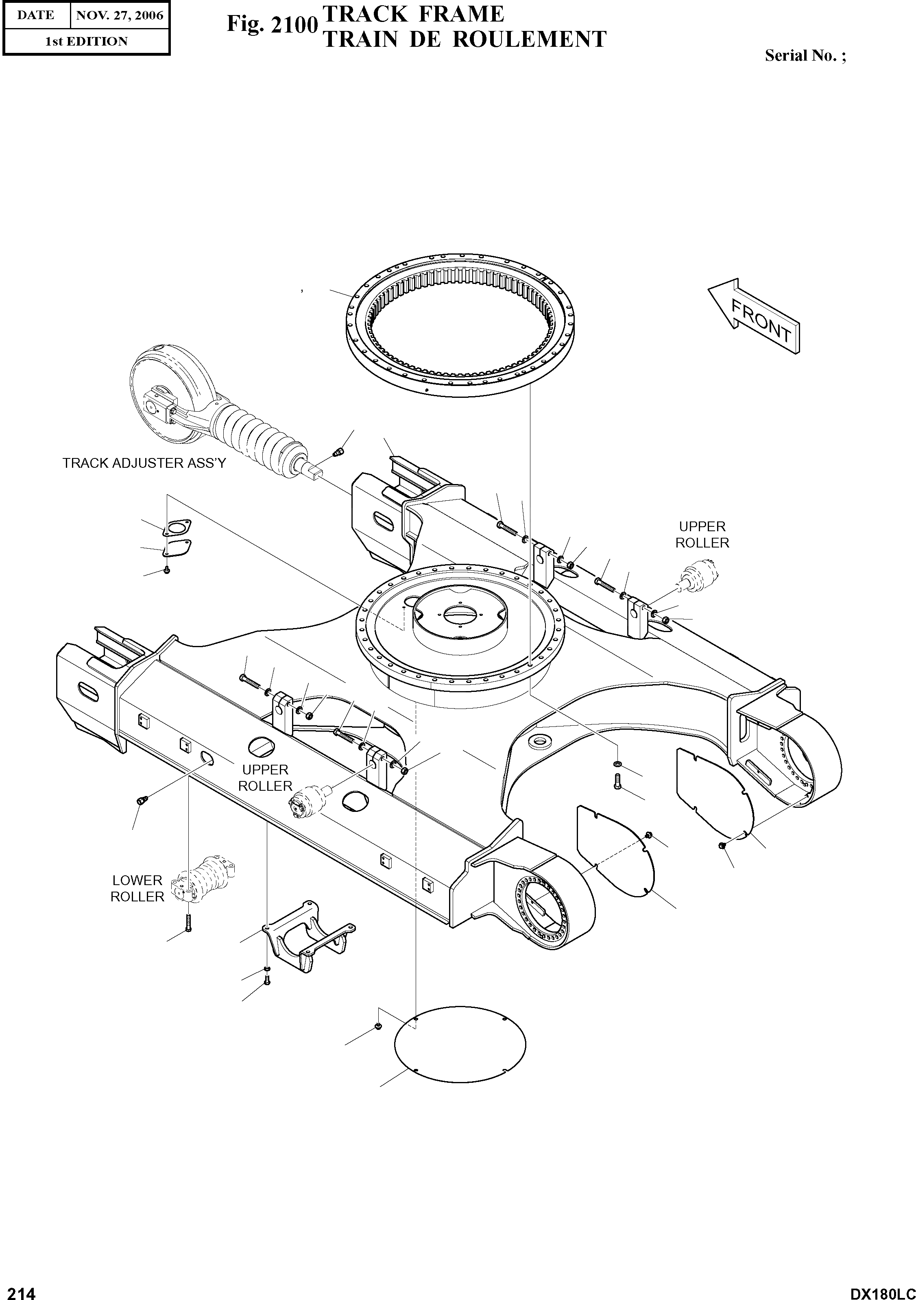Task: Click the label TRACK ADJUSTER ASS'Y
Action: click(x=144, y=463)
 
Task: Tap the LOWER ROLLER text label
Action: click(x=137, y=888)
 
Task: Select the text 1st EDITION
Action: click(x=86, y=41)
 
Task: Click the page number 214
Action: click(x=19, y=1289)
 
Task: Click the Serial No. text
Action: click(x=805, y=55)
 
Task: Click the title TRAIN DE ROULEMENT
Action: click(x=464, y=39)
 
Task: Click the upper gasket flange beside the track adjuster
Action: click(x=176, y=527)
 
